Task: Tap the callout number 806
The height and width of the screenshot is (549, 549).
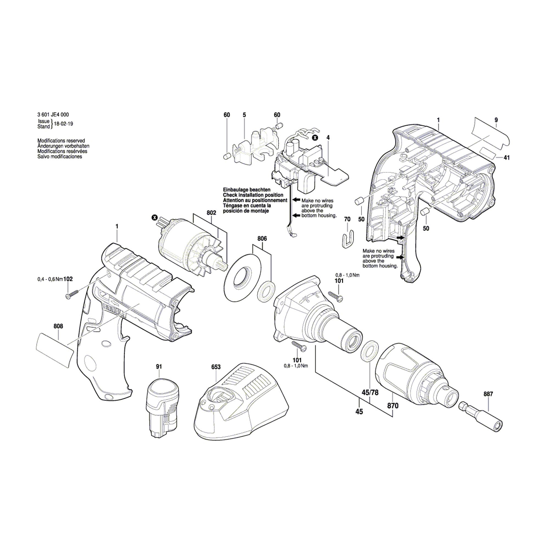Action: click(x=262, y=239)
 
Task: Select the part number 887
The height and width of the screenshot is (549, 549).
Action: click(x=488, y=394)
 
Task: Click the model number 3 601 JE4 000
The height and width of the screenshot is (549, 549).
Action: click(x=53, y=115)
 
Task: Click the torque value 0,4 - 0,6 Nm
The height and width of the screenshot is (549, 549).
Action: click(x=50, y=279)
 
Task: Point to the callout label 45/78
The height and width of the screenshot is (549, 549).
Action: click(x=370, y=393)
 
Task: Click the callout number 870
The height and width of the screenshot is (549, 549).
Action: click(x=393, y=406)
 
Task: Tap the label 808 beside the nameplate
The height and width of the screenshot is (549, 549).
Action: click(x=58, y=326)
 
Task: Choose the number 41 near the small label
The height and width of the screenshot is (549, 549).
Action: click(x=506, y=157)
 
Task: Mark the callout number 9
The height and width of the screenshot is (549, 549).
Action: click(x=496, y=120)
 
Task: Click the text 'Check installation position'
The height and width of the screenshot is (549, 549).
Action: click(x=253, y=195)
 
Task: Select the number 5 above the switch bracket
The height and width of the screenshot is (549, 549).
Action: click(x=244, y=115)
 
